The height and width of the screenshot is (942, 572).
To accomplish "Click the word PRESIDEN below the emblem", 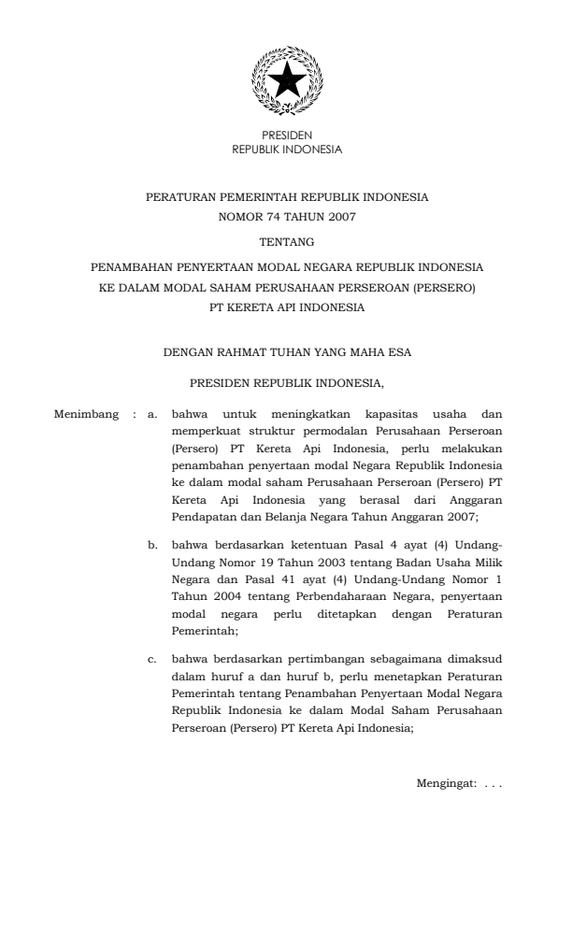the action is [287, 136].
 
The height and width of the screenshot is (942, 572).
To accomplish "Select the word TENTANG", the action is [287, 242].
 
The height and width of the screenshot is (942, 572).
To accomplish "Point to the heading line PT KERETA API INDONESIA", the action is [287, 306].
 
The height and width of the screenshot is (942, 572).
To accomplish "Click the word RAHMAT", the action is [245, 353].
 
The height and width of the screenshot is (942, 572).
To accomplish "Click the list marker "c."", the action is [154, 661].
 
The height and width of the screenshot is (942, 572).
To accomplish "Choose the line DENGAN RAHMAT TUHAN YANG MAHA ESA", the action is [287, 353].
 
